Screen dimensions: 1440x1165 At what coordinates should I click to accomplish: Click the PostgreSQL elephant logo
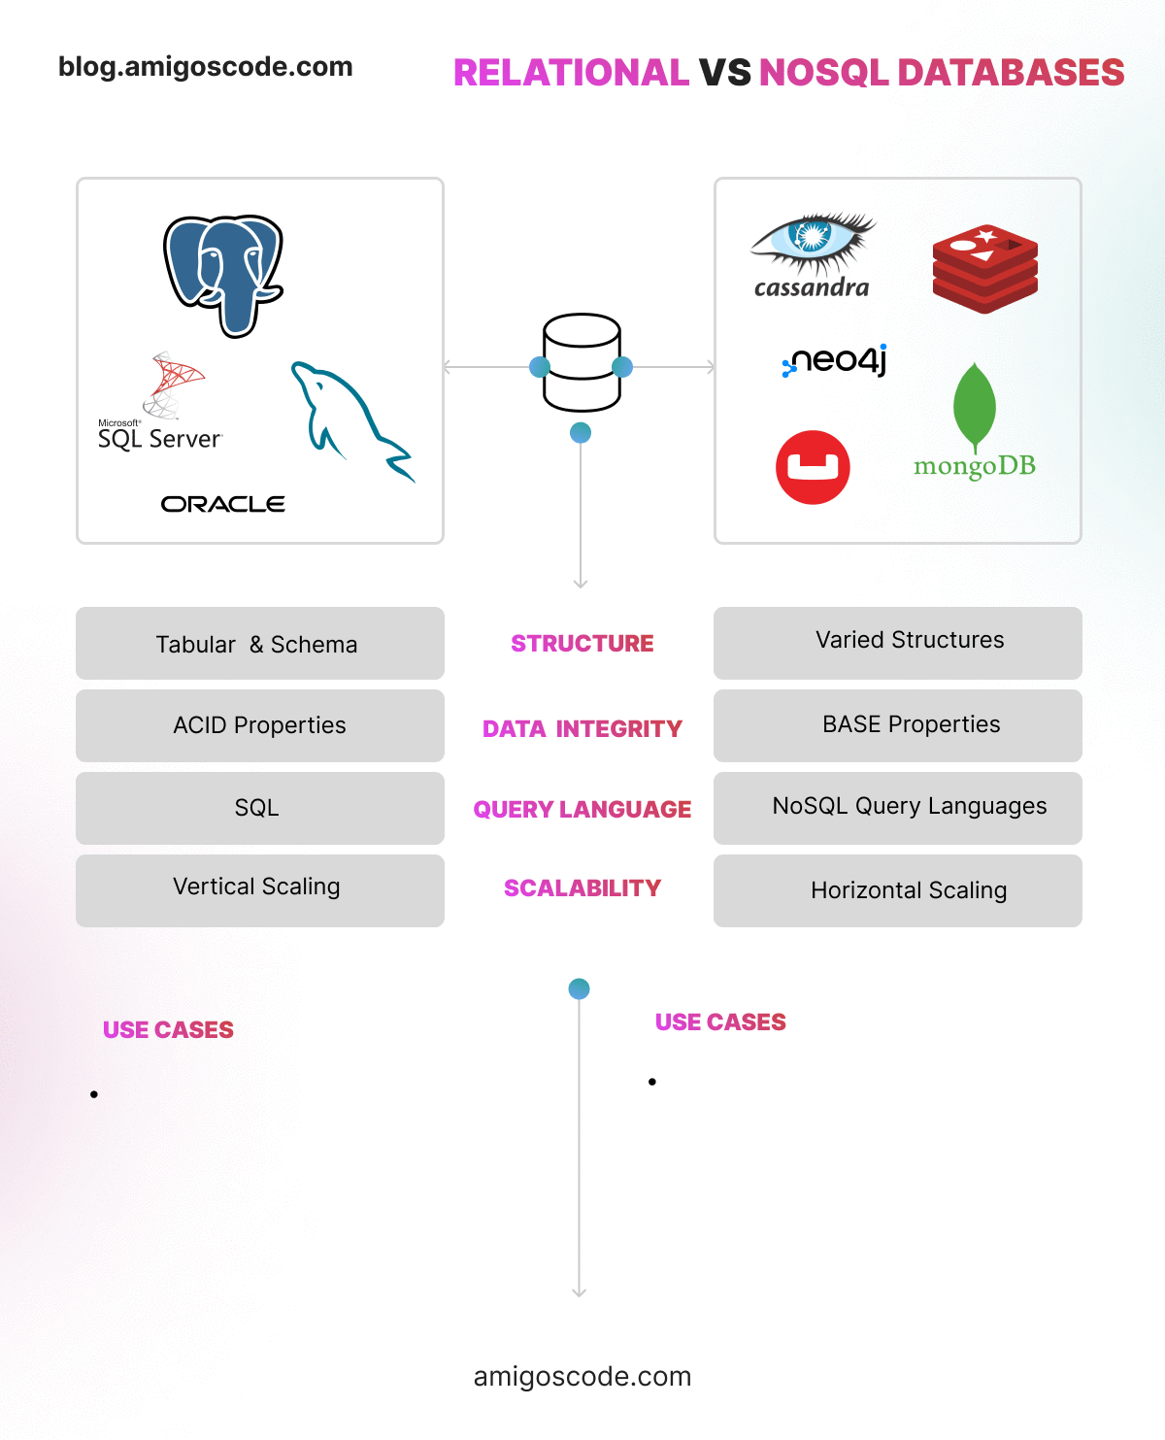click(223, 275)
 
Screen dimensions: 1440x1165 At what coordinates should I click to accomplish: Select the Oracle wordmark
click(222, 504)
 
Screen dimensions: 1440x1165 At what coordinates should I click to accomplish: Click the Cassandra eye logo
click(813, 243)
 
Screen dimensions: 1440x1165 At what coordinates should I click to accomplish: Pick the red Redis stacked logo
click(984, 268)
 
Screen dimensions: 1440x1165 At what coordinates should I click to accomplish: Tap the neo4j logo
click(835, 361)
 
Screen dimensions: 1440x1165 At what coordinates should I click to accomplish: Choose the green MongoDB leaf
click(975, 408)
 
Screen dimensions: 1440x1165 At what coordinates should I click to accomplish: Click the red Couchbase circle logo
click(813, 467)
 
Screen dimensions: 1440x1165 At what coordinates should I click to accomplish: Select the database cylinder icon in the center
click(582, 362)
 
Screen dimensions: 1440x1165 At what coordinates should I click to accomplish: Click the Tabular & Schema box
click(259, 644)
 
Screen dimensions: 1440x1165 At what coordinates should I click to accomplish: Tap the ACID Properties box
click(259, 725)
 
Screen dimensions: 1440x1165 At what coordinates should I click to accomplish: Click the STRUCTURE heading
click(582, 644)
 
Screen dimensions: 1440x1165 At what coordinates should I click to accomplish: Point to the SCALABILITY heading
click(582, 888)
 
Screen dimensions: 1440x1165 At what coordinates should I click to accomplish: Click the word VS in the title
click(724, 73)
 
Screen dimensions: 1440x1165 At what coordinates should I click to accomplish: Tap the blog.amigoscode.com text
click(206, 67)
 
